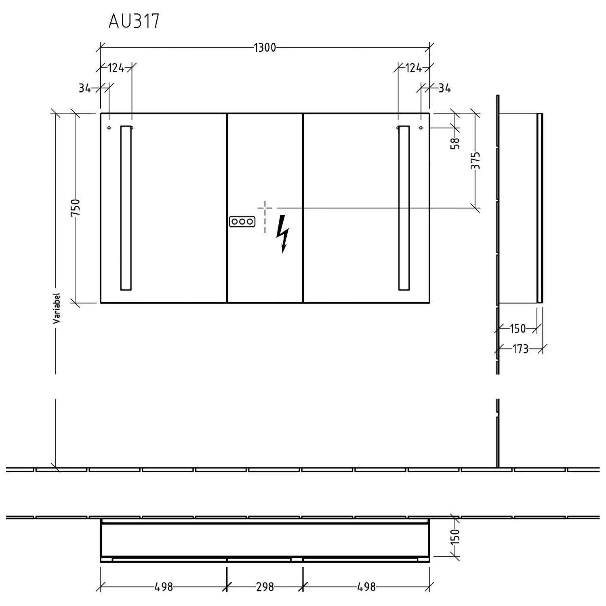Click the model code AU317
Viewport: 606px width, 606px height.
[x=134, y=21]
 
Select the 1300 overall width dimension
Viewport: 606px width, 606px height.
[x=265, y=48]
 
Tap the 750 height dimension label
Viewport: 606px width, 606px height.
[x=76, y=207]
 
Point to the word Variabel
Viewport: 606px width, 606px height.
[x=56, y=308]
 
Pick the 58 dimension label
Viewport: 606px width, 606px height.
[x=455, y=143]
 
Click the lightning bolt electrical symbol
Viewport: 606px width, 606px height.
[x=283, y=234]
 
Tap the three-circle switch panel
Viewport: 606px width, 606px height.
[x=242, y=221]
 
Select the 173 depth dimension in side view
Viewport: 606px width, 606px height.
[x=520, y=349]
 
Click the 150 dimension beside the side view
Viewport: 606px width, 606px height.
[x=518, y=329]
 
